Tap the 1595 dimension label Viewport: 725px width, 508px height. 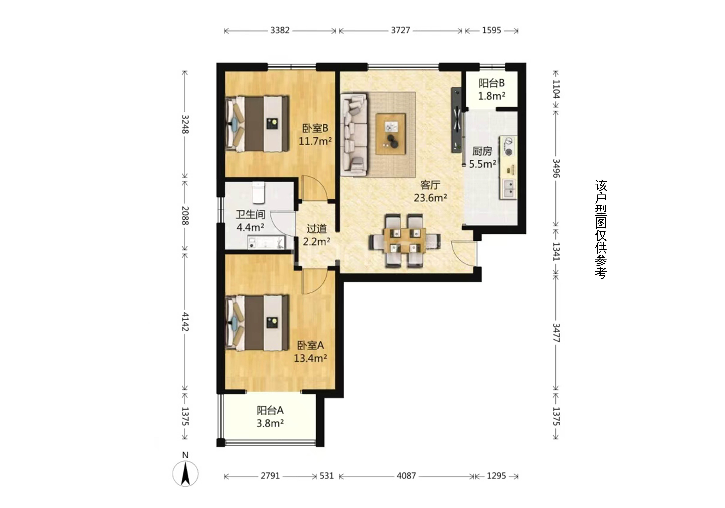(492, 30)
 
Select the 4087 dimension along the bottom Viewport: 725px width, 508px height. (406, 476)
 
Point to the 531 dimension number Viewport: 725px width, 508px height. (327, 476)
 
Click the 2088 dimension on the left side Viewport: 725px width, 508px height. (185, 216)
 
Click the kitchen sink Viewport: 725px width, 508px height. (508, 189)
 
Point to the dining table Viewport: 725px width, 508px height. (405, 240)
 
